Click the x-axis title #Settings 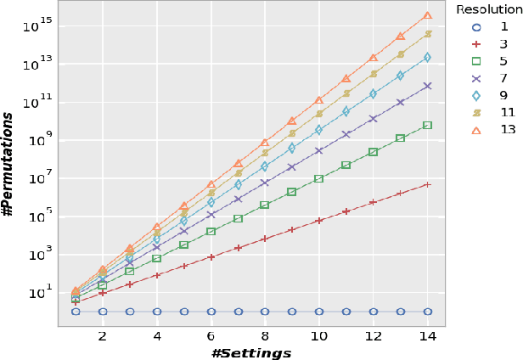[251, 352]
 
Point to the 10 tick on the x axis [319, 336]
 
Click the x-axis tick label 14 [427, 336]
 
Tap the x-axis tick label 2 [103, 336]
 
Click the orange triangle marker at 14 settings [427, 15]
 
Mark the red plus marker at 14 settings [427, 184]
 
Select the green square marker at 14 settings [427, 125]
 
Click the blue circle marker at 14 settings [427, 312]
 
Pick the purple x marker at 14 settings [427, 86]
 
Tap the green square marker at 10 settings [319, 178]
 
